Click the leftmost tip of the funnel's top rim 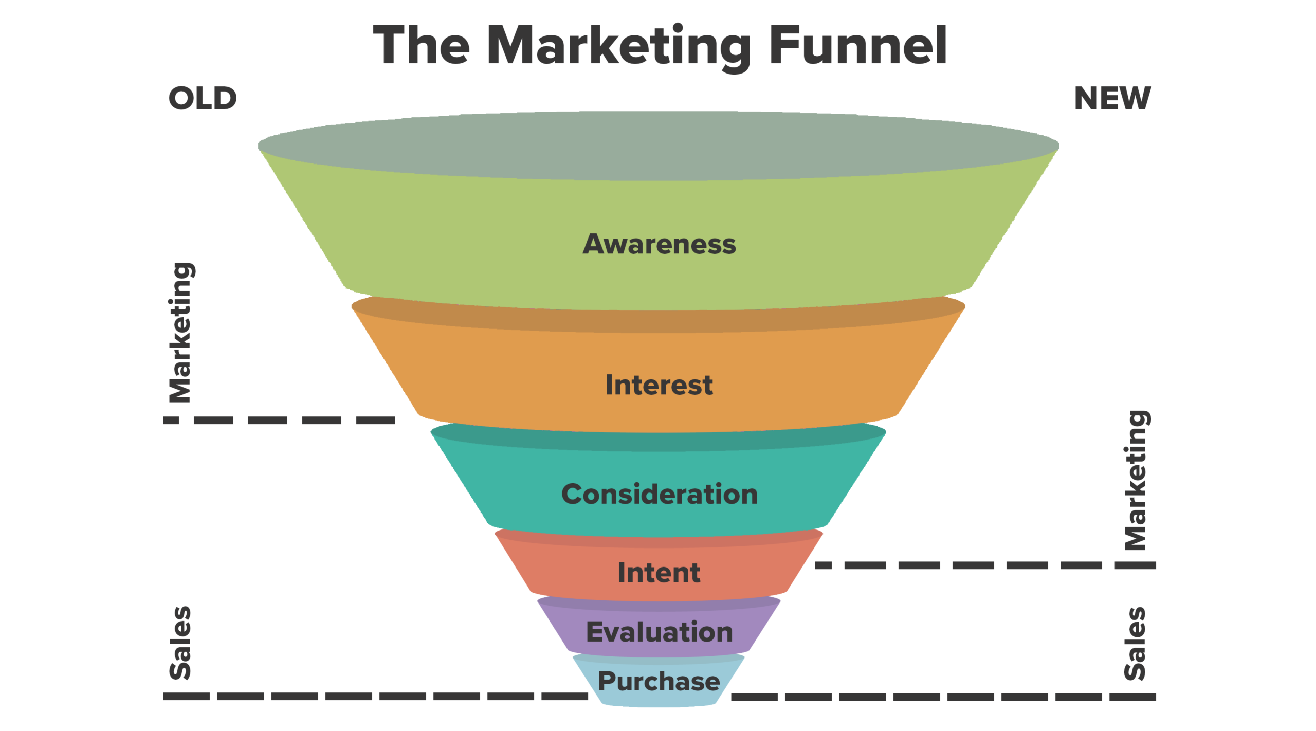point(258,146)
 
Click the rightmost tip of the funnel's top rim point(1059,146)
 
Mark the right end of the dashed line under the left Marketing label point(395,420)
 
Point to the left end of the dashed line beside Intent point(815,565)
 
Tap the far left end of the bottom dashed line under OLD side point(163,696)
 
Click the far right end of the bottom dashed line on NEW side point(1156,697)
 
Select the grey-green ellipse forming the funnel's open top point(659,146)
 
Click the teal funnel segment point(659,483)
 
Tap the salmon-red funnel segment point(659,568)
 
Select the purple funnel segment point(659,628)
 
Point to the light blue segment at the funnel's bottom point(659,681)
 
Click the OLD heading point(203,98)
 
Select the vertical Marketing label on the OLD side point(181,333)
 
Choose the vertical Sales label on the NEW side point(1135,644)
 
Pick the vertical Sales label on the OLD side point(180,643)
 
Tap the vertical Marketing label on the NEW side point(1136,480)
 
